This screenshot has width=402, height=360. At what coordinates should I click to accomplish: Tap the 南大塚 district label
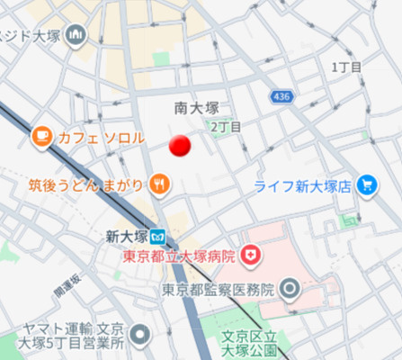[x=197, y=108]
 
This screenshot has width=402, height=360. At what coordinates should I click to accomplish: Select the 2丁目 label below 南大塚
[x=226, y=127]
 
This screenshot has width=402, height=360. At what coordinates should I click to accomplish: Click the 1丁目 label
[x=346, y=67]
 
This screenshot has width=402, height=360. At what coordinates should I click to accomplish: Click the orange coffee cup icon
[x=41, y=137]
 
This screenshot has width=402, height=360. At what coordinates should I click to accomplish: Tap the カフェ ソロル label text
[x=101, y=138]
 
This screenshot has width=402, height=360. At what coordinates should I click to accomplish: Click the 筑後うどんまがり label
[x=85, y=185]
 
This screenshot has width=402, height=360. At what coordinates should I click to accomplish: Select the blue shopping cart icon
[x=366, y=186]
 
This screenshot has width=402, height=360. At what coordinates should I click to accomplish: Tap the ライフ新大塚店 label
[x=300, y=187]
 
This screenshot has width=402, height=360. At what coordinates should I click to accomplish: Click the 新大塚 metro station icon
[x=158, y=237]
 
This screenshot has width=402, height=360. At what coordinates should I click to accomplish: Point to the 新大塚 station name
[x=125, y=237]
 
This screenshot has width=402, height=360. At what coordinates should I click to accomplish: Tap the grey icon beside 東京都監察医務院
[x=290, y=289]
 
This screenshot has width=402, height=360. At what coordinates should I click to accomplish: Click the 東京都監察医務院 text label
[x=218, y=290]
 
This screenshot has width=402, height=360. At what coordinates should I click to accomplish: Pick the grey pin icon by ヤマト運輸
[x=139, y=337]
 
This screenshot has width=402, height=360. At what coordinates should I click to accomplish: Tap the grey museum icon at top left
[x=76, y=36]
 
